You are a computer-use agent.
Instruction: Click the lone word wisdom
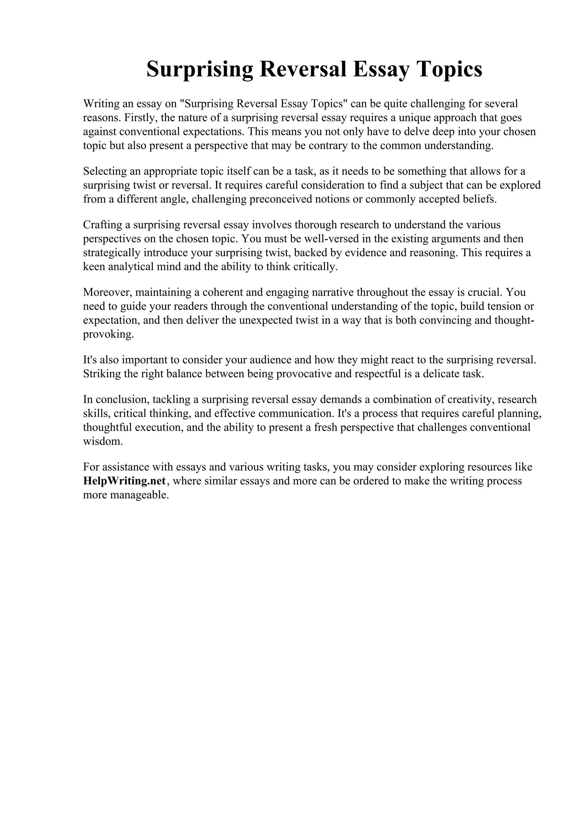(103, 441)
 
